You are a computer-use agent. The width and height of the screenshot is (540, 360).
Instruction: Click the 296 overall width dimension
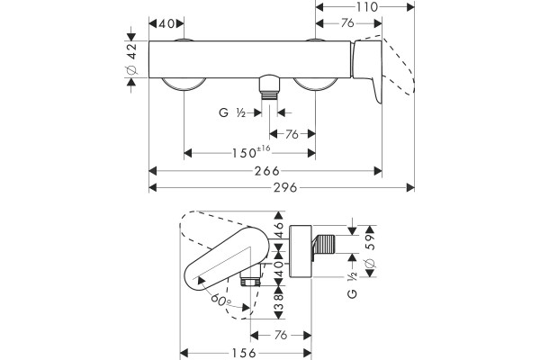pyautogui.click(x=284, y=188)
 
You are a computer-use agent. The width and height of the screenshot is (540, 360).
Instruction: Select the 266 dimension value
pyautogui.click(x=267, y=171)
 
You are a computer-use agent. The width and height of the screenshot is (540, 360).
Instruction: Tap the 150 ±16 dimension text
pyautogui.click(x=251, y=152)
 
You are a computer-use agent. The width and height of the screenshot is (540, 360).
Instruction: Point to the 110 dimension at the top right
pyautogui.click(x=366, y=7)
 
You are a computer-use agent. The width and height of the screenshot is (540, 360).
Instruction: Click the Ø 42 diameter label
pyautogui.click(x=132, y=58)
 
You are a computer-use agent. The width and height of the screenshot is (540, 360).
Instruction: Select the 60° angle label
pyautogui.click(x=220, y=301)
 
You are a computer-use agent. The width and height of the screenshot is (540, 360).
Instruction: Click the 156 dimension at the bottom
pyautogui.click(x=244, y=353)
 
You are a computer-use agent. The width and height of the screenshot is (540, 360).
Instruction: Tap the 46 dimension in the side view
pyautogui.click(x=279, y=229)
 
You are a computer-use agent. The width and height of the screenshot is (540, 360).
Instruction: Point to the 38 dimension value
pyautogui.click(x=279, y=301)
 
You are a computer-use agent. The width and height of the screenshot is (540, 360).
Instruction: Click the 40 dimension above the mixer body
pyautogui.click(x=166, y=23)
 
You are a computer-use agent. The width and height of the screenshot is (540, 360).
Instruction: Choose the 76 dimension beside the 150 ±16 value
pyautogui.click(x=292, y=134)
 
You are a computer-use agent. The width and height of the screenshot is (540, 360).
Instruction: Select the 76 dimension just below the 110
pyautogui.click(x=347, y=23)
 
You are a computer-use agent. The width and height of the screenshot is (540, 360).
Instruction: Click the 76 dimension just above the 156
pyautogui.click(x=281, y=335)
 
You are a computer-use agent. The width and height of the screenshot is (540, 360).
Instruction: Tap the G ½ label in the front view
pyautogui.click(x=232, y=112)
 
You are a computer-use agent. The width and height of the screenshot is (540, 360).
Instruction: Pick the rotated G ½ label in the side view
pyautogui.click(x=352, y=285)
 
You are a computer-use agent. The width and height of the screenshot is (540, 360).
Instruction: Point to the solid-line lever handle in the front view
pyautogui.click(x=368, y=70)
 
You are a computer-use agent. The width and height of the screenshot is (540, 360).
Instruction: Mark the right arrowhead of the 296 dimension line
pyautogui.click(x=410, y=188)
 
